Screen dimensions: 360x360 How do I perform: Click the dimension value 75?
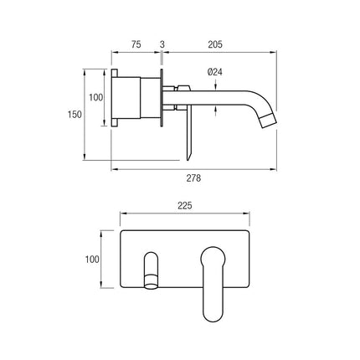[x=136, y=44]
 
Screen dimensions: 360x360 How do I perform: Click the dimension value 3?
[x=162, y=44]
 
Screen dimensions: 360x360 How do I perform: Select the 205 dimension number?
[x=215, y=44]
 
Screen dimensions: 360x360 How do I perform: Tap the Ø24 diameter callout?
[x=215, y=72]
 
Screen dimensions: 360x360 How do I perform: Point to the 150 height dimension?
[x=75, y=114]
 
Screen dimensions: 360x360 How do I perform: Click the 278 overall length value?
[x=193, y=177]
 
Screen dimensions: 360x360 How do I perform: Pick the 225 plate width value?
[x=185, y=206]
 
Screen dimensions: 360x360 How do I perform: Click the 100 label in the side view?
[x=95, y=98]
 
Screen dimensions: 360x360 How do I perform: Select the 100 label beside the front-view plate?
[x=92, y=260]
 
